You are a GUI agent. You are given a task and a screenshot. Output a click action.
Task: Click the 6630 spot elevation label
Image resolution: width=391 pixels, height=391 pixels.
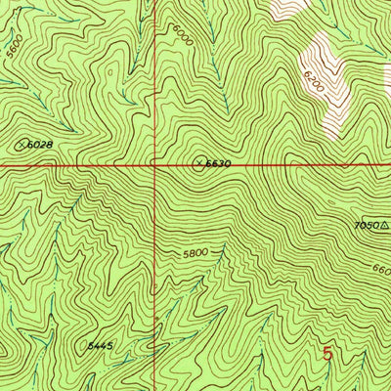pyautogui.click(x=218, y=164)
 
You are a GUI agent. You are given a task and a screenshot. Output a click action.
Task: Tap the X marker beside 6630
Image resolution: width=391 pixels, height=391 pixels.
pyautogui.click(x=200, y=163)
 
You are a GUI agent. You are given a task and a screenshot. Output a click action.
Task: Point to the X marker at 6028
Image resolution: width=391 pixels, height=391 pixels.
pyautogui.click(x=22, y=146)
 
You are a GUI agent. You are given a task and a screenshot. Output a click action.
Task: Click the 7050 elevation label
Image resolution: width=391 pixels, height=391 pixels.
pyautogui.click(x=368, y=225)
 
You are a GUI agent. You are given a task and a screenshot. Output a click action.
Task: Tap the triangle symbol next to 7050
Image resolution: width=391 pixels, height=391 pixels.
pyautogui.click(x=384, y=225)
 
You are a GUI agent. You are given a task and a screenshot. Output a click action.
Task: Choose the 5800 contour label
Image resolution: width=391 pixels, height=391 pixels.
pyautogui.click(x=195, y=252)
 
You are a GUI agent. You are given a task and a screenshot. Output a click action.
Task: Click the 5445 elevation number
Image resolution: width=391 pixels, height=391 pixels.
pyautogui.click(x=100, y=345)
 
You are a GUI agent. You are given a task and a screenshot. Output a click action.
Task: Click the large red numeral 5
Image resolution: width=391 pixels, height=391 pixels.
pyautogui.click(x=327, y=355)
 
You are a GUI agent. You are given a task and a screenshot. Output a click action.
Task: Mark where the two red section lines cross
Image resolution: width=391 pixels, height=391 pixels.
pyautogui.click(x=155, y=165)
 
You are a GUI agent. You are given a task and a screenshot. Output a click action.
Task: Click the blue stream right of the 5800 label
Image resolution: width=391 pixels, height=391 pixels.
pyautogui.click(x=223, y=256)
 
